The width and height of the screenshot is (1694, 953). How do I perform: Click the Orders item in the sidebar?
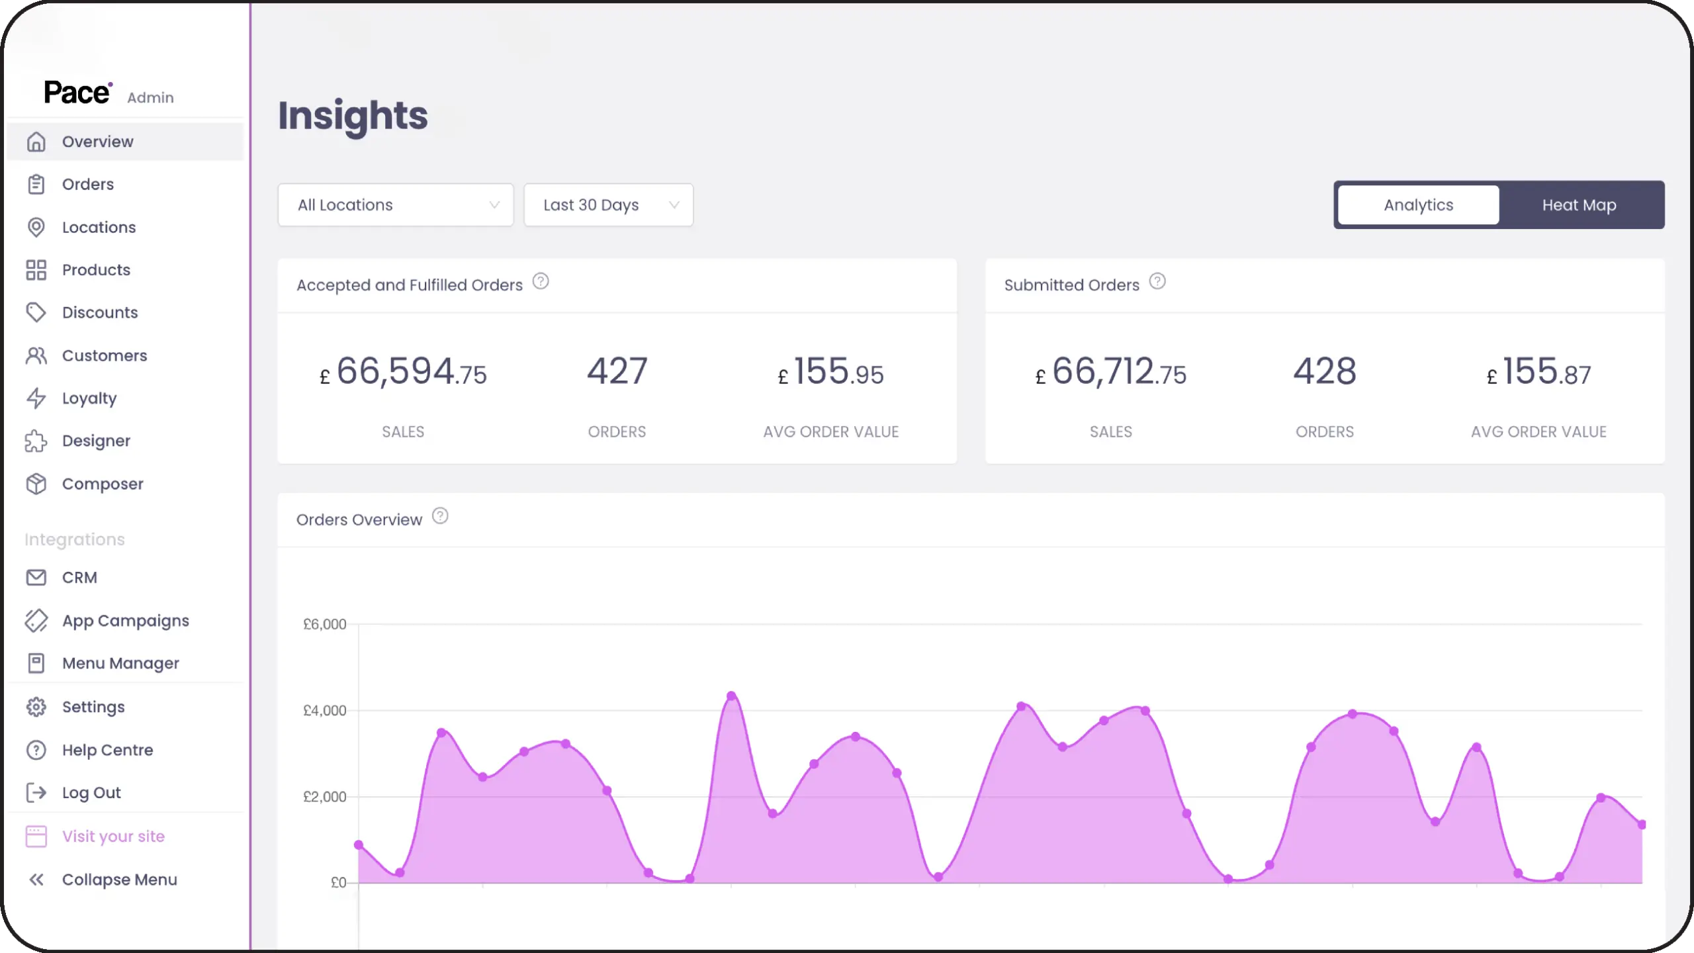(x=87, y=184)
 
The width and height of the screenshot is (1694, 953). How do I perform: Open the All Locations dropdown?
(x=395, y=205)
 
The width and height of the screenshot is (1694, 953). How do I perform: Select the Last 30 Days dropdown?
(x=608, y=205)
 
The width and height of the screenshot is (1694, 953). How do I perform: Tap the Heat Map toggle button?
(x=1579, y=205)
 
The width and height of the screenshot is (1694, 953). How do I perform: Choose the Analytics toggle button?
(x=1418, y=205)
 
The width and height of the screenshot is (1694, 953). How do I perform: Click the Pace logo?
(x=77, y=93)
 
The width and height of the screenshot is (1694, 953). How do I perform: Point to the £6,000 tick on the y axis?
(x=325, y=624)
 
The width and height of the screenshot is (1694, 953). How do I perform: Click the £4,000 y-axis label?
(x=325, y=710)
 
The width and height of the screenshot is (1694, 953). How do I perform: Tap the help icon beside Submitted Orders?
(x=1157, y=281)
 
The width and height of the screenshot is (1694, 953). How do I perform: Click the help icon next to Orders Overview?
(x=440, y=516)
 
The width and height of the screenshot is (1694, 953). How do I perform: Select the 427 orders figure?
(x=617, y=371)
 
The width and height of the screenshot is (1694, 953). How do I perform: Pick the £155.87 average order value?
(x=1539, y=373)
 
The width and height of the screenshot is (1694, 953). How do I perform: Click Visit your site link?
(x=113, y=836)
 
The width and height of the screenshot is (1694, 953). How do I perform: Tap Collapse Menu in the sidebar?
(x=119, y=880)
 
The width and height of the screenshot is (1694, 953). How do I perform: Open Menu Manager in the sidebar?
(x=120, y=663)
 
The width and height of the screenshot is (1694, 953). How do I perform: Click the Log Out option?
(x=91, y=792)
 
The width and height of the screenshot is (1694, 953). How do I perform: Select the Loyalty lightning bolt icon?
(x=36, y=398)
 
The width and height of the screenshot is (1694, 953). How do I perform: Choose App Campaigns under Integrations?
(x=125, y=621)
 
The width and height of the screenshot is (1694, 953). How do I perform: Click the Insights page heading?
(x=353, y=116)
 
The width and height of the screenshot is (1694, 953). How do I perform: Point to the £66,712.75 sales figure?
(x=1111, y=373)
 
